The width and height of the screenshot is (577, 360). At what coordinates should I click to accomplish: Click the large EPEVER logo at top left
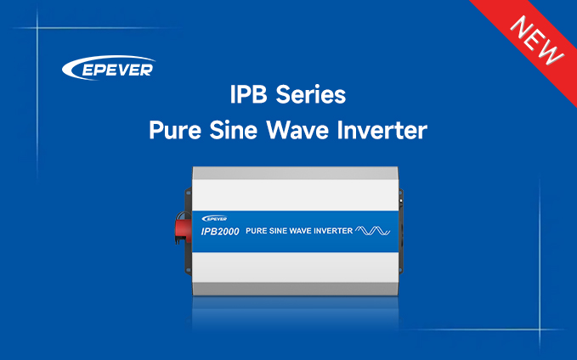pyautogui.click(x=109, y=68)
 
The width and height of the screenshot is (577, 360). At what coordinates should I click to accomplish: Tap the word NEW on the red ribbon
pyautogui.click(x=537, y=41)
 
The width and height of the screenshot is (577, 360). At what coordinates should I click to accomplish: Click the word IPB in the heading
pyautogui.click(x=248, y=94)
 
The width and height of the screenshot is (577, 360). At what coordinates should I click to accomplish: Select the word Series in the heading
pyautogui.click(x=311, y=94)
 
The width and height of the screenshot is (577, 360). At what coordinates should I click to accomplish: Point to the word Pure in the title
pyautogui.click(x=175, y=130)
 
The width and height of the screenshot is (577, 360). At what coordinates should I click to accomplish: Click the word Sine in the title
pyautogui.click(x=234, y=130)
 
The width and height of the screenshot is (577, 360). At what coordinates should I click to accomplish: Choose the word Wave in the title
pyautogui.click(x=297, y=130)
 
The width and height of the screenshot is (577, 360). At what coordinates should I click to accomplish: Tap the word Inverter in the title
pyautogui.click(x=382, y=130)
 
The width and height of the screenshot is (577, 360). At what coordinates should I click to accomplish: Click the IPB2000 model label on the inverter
pyautogui.click(x=220, y=231)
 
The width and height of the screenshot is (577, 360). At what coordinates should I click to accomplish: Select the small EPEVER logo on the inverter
pyautogui.click(x=214, y=219)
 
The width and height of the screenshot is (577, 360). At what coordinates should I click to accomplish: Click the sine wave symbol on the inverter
pyautogui.click(x=373, y=231)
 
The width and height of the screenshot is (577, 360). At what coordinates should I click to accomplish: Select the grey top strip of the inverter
pyautogui.click(x=295, y=173)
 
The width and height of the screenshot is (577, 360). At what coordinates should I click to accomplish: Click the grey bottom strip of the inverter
pyautogui.click(x=295, y=289)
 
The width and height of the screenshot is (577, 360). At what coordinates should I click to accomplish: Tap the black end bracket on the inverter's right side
pyautogui.click(x=401, y=231)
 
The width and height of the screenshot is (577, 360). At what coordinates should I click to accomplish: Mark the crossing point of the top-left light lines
pyautogui.click(x=37, y=27)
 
